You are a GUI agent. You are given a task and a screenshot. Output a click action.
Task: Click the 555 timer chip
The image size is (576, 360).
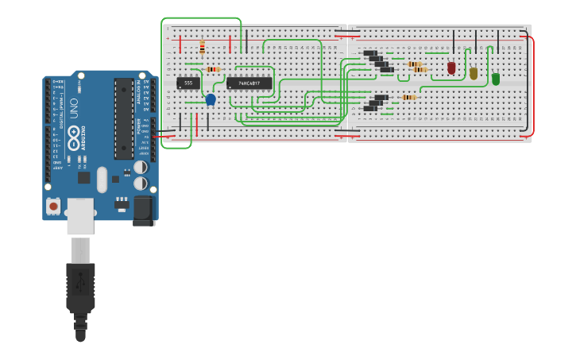click(x=188, y=83)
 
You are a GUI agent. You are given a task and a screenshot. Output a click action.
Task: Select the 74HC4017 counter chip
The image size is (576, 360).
click(x=249, y=83)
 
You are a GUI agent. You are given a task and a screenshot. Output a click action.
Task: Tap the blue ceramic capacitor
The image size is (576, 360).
click(x=211, y=99)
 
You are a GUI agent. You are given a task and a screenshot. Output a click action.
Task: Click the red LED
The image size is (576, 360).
click(x=451, y=68)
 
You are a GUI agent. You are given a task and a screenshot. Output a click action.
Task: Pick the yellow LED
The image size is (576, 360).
click(x=474, y=73)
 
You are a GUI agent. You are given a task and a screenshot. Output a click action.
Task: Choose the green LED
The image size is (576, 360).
click(x=496, y=79)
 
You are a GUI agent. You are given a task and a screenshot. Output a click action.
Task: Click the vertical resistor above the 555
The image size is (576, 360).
click(x=203, y=47)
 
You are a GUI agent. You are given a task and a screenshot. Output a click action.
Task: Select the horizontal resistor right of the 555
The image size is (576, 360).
click(x=213, y=69)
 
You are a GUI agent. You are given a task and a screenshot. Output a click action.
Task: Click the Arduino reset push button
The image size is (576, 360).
click(x=53, y=206)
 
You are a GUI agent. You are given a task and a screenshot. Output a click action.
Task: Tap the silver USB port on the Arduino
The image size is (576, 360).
click(x=80, y=216)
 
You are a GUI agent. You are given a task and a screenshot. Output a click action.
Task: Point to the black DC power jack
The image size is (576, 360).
click(x=143, y=210)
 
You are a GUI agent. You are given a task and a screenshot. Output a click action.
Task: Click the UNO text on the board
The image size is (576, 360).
click(x=74, y=105)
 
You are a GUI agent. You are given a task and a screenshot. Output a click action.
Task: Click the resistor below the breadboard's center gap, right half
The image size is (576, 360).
click(x=409, y=98)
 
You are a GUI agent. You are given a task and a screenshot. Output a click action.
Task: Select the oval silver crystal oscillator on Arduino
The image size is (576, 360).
click(x=102, y=180)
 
